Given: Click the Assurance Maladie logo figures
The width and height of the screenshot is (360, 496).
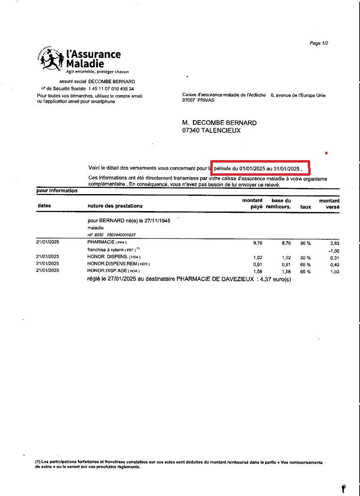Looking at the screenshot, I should pyautogui.click(x=50, y=59).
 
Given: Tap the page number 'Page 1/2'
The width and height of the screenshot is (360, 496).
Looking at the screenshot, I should pyautogui.click(x=319, y=43).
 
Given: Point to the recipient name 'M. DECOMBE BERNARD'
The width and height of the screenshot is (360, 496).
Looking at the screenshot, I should pyautogui.click(x=219, y=122).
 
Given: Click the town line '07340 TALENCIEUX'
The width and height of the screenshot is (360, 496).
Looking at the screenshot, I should pyautogui.click(x=211, y=130).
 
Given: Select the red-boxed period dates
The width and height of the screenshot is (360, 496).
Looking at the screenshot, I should pyautogui.click(x=261, y=168).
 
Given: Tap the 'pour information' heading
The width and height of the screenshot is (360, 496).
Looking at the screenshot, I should pyautogui.click(x=56, y=191).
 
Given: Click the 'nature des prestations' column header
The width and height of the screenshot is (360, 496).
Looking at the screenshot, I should pyautogui.click(x=115, y=206).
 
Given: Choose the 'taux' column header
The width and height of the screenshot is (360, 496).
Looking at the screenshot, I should pyautogui.click(x=305, y=207).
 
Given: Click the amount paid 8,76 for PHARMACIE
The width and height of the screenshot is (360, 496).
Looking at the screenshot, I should pyautogui.click(x=257, y=243).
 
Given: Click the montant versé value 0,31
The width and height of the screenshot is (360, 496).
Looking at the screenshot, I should pyautogui.click(x=334, y=258).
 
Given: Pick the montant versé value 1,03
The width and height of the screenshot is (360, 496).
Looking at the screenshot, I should pyautogui.click(x=334, y=272).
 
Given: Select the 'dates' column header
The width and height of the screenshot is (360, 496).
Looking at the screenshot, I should pyautogui.click(x=44, y=206).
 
